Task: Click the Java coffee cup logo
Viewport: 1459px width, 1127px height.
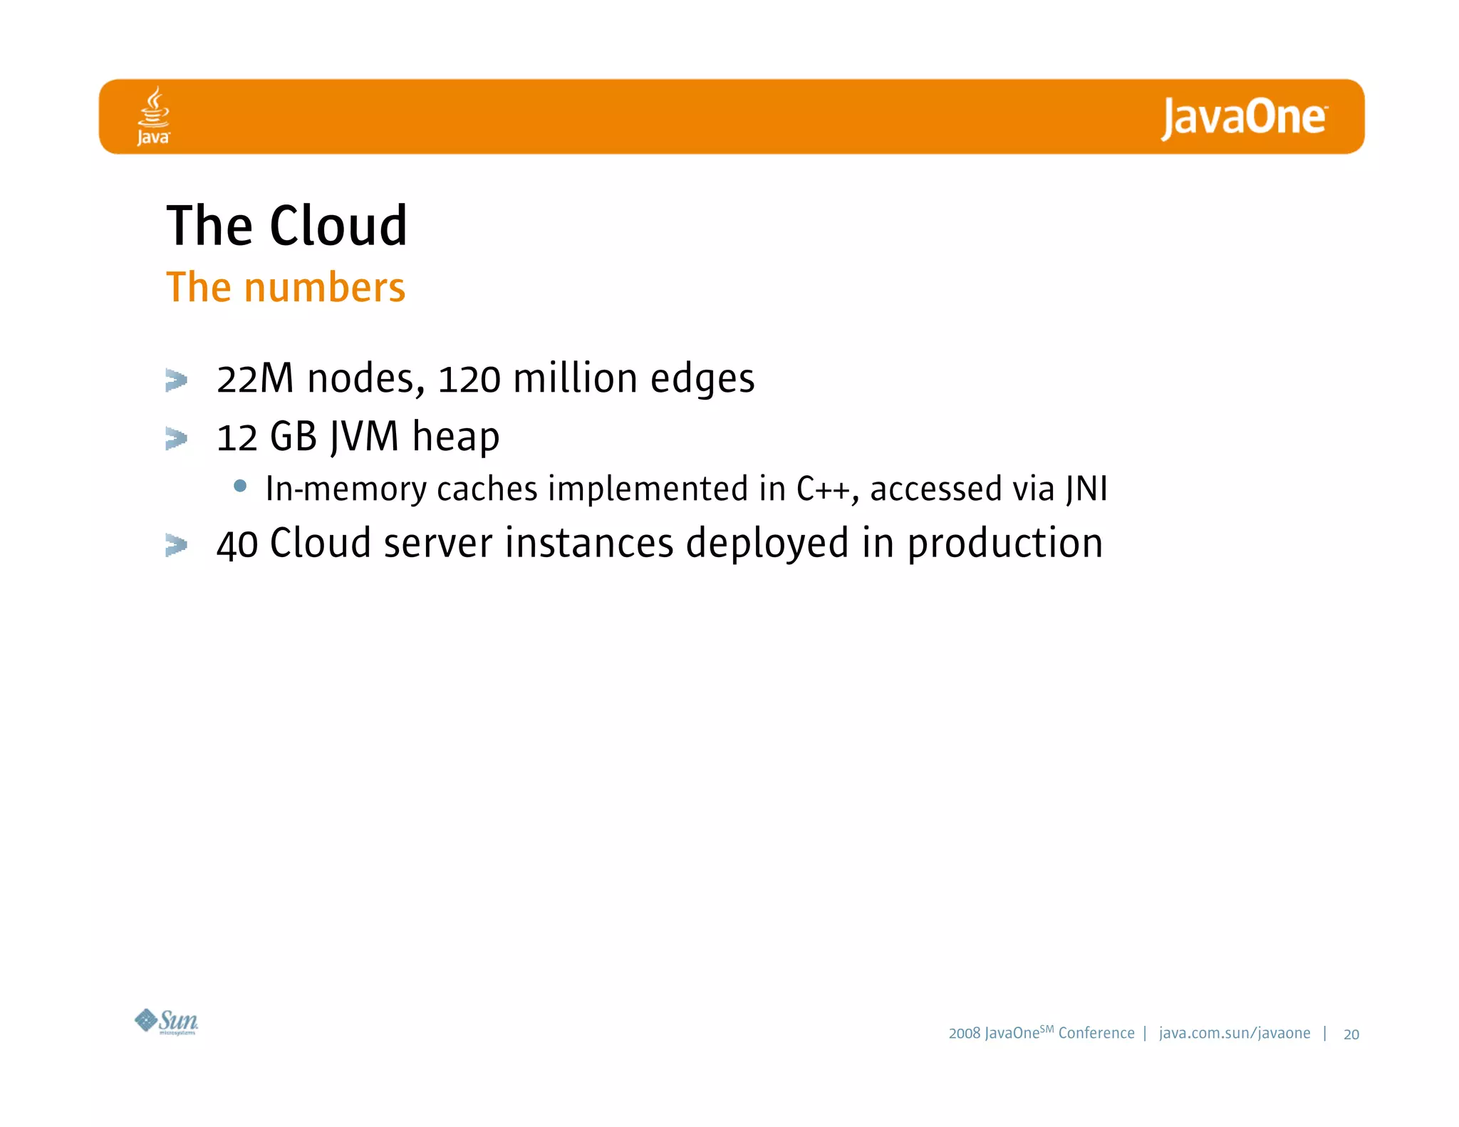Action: [x=154, y=115]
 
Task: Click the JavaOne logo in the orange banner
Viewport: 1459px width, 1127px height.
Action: [x=1244, y=118]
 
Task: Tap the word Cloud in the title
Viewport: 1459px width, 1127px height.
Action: [x=338, y=226]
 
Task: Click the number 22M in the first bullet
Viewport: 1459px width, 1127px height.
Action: [x=255, y=378]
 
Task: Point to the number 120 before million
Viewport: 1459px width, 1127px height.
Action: [x=469, y=378]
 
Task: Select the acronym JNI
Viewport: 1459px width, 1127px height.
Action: [x=1086, y=489]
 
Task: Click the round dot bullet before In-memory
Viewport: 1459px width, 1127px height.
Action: [x=240, y=486]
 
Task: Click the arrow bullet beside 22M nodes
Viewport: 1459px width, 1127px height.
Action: [x=176, y=380]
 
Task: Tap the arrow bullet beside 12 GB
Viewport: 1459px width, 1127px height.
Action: [x=176, y=437]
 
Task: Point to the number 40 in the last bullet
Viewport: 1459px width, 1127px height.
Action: [x=237, y=544]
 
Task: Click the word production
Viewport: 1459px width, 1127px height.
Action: [x=1004, y=544]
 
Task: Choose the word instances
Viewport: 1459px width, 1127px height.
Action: [x=589, y=544]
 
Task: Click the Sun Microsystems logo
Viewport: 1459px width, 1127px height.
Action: [x=167, y=1022]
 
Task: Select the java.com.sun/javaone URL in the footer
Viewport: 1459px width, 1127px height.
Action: [x=1234, y=1033]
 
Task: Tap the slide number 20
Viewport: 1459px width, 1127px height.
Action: [x=1351, y=1034]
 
